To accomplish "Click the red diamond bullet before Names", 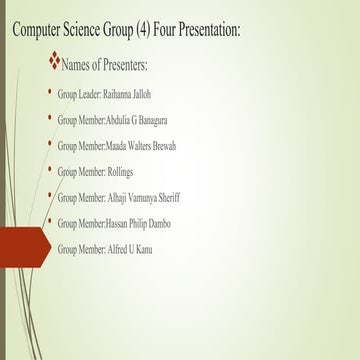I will tap(54, 62).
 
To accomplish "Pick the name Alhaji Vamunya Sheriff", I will tap(145, 197).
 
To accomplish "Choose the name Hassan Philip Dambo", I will tap(145, 223).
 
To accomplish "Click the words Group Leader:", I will tap(79, 93).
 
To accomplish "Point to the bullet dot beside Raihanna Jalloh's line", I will tap(50, 91).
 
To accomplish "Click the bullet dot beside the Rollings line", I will tap(50, 169).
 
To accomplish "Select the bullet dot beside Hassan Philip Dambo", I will tap(50, 221).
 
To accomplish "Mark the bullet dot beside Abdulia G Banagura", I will tap(50, 117).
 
